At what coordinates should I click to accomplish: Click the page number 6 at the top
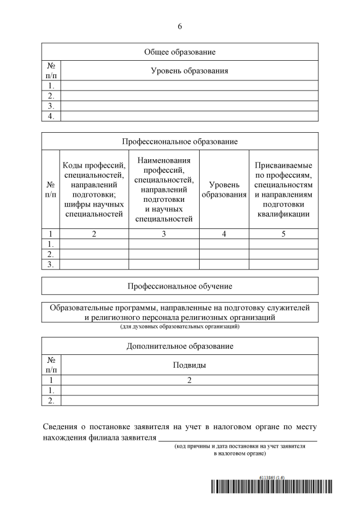[x=180, y=26]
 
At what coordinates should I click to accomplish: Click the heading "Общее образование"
[x=180, y=52]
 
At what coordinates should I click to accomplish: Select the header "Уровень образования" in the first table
[x=189, y=71]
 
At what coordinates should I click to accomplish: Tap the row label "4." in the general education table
[x=51, y=116]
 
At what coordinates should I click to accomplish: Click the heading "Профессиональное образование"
[x=180, y=141]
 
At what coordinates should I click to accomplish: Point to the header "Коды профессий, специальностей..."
[x=94, y=190]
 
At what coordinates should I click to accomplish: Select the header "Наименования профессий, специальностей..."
[x=164, y=190]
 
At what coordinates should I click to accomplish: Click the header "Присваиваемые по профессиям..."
[x=283, y=190]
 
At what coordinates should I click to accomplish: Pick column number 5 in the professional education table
[x=283, y=234]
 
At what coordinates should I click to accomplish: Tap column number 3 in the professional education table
[x=164, y=234]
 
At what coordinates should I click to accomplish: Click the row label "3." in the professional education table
[x=51, y=264]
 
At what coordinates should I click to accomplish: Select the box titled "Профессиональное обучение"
[x=180, y=286]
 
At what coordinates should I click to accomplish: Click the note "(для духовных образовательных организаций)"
[x=180, y=326]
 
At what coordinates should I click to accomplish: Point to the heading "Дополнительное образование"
[x=180, y=346]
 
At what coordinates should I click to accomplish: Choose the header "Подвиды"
[x=189, y=365]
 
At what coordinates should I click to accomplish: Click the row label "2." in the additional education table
[x=51, y=400]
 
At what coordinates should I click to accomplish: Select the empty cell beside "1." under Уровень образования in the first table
[x=189, y=86]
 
